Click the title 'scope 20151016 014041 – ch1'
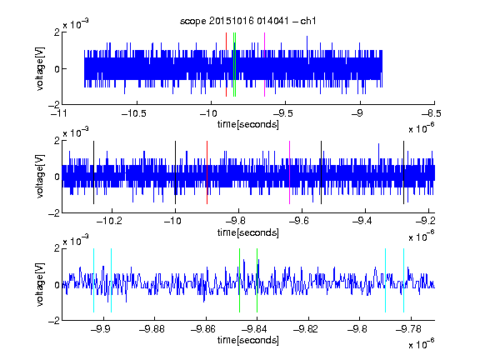(x=247, y=21)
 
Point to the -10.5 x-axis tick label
(x=134, y=114)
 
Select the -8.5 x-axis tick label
(x=432, y=114)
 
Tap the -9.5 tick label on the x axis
(x=282, y=114)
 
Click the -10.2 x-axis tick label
(x=109, y=221)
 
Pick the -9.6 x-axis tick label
(x=299, y=221)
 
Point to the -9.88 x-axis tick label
(x=152, y=329)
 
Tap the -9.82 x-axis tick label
(x=306, y=329)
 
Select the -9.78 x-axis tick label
(x=408, y=329)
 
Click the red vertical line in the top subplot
(x=226, y=65)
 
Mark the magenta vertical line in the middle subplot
(x=290, y=172)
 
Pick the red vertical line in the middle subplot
(x=207, y=172)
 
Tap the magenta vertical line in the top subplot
(x=264, y=65)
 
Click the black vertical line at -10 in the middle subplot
(x=175, y=172)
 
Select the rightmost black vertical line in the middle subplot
(x=404, y=172)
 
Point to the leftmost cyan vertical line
(x=93, y=280)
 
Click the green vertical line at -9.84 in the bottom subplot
(x=257, y=280)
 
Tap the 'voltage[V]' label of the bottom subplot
(x=40, y=285)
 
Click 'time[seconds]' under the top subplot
(x=248, y=124)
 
